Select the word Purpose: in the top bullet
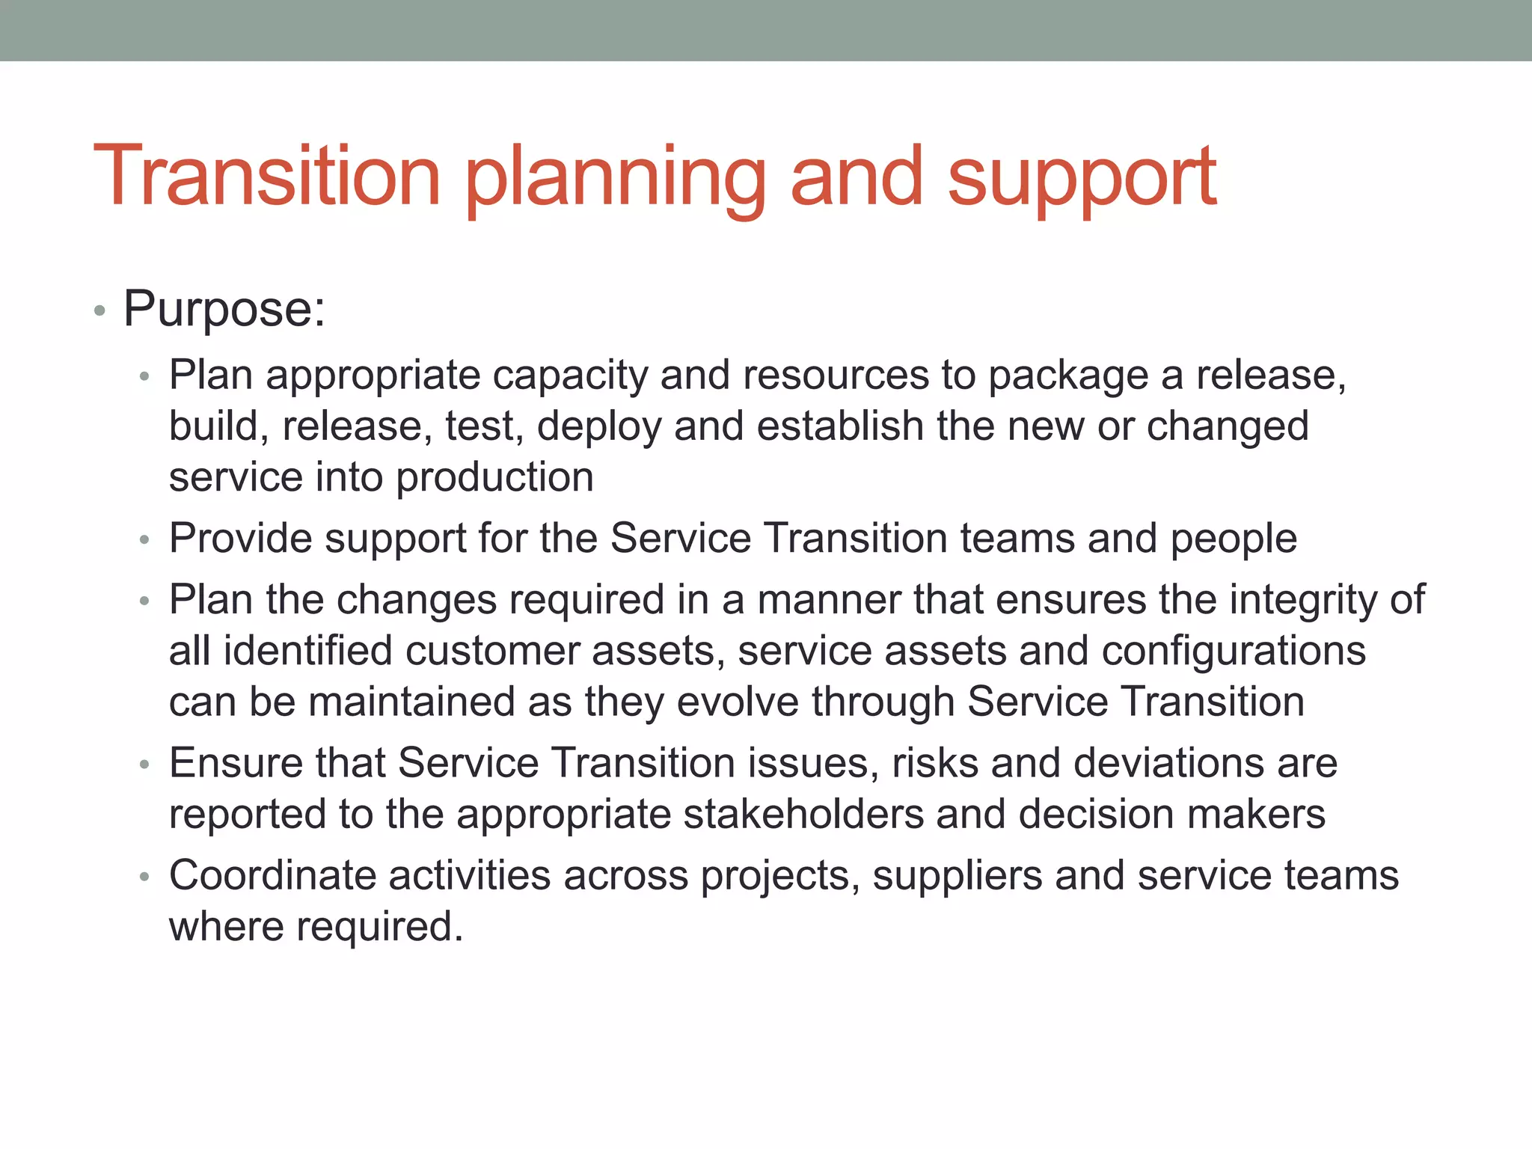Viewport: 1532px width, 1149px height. tap(224, 308)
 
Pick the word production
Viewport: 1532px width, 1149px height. tap(494, 478)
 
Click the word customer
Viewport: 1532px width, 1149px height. tap(492, 651)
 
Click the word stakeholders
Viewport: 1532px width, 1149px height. tap(803, 815)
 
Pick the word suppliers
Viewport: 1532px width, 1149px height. tap(957, 876)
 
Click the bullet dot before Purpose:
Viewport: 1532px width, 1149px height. tap(99, 310)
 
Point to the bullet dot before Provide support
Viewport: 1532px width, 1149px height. tap(145, 540)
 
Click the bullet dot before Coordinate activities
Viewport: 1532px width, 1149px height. tap(145, 877)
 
